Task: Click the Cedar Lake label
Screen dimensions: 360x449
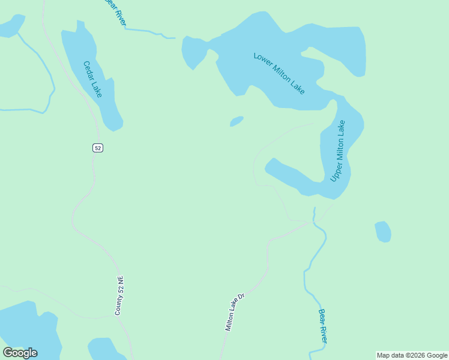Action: [x=93, y=79]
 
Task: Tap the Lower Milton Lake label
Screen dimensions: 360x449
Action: [x=279, y=73]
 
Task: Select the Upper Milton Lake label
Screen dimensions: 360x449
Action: [x=338, y=151]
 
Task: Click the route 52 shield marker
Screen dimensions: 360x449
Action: [x=98, y=148]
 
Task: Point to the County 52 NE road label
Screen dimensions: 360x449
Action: [x=120, y=295]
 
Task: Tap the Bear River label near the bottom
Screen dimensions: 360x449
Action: [x=323, y=326]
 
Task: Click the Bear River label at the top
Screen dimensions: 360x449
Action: [x=115, y=11]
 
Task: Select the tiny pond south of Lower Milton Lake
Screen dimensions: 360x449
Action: [x=237, y=122]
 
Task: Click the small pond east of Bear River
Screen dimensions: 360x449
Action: [x=383, y=232]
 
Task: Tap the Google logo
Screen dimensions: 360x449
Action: [x=20, y=353]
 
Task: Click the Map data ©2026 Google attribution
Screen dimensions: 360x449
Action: [x=412, y=355]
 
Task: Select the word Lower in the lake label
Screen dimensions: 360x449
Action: [x=263, y=61]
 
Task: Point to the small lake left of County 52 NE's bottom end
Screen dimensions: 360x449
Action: [x=106, y=349]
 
